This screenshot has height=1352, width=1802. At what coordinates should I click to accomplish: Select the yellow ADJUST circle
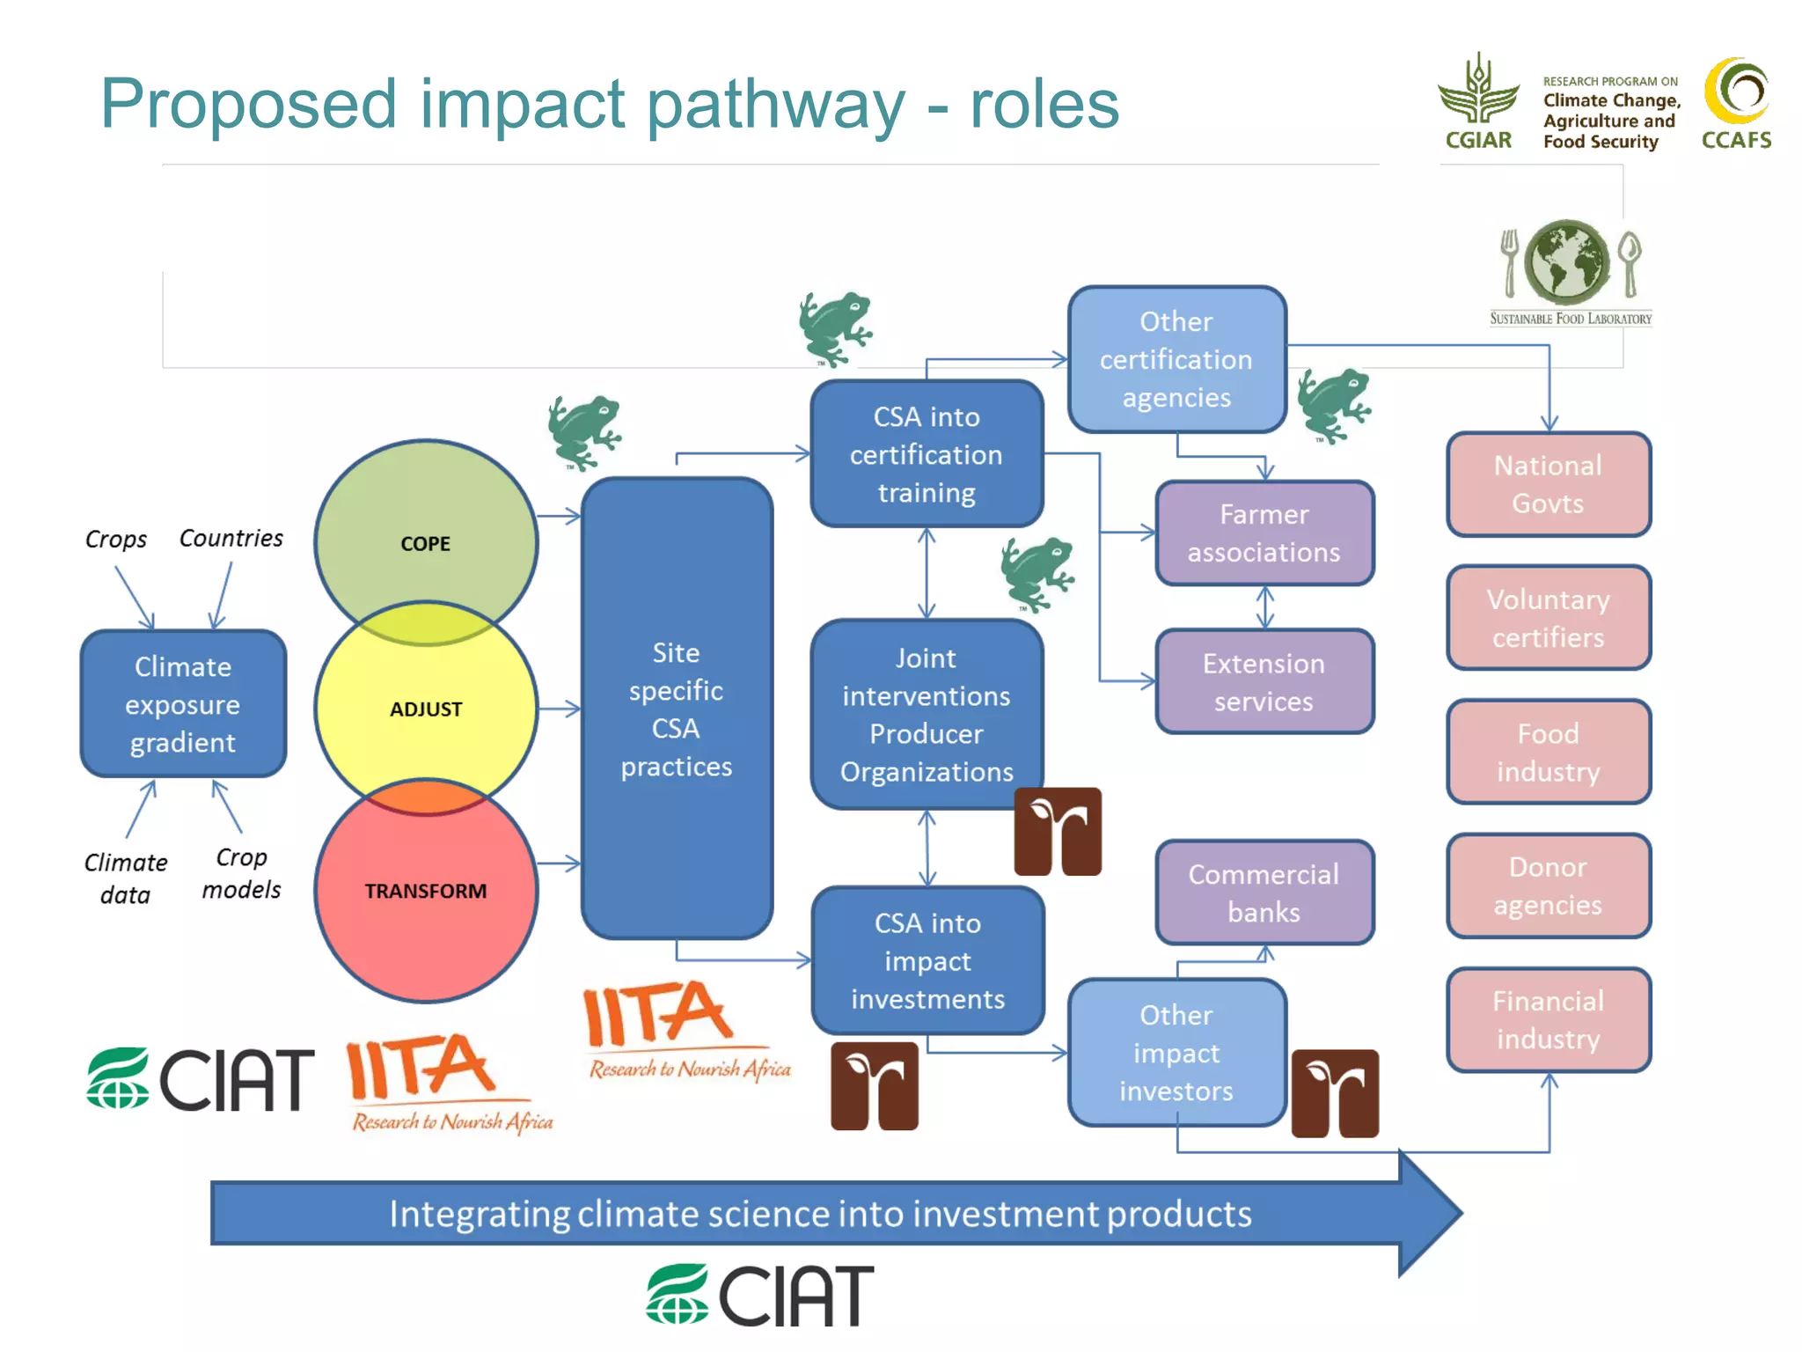point(426,709)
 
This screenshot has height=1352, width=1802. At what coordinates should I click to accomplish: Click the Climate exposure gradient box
point(183,704)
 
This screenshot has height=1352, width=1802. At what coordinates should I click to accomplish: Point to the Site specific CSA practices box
point(676,709)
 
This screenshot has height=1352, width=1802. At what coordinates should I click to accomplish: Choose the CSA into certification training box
point(927,454)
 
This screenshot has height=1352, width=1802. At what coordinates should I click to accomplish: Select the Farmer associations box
point(1264,533)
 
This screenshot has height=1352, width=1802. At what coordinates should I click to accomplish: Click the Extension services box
point(1264,682)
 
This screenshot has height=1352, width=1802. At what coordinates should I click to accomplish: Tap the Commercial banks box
point(1264,893)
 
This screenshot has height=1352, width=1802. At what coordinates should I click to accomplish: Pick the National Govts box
point(1549,484)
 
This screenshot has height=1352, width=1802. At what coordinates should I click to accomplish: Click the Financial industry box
point(1549,1020)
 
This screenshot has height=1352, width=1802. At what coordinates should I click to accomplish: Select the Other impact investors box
point(1176,1053)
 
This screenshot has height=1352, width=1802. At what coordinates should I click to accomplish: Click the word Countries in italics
point(231,538)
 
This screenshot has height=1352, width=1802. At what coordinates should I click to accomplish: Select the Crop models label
point(241,873)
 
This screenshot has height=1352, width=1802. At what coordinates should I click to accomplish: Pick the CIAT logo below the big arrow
point(760,1295)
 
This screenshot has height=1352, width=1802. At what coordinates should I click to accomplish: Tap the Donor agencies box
point(1549,886)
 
